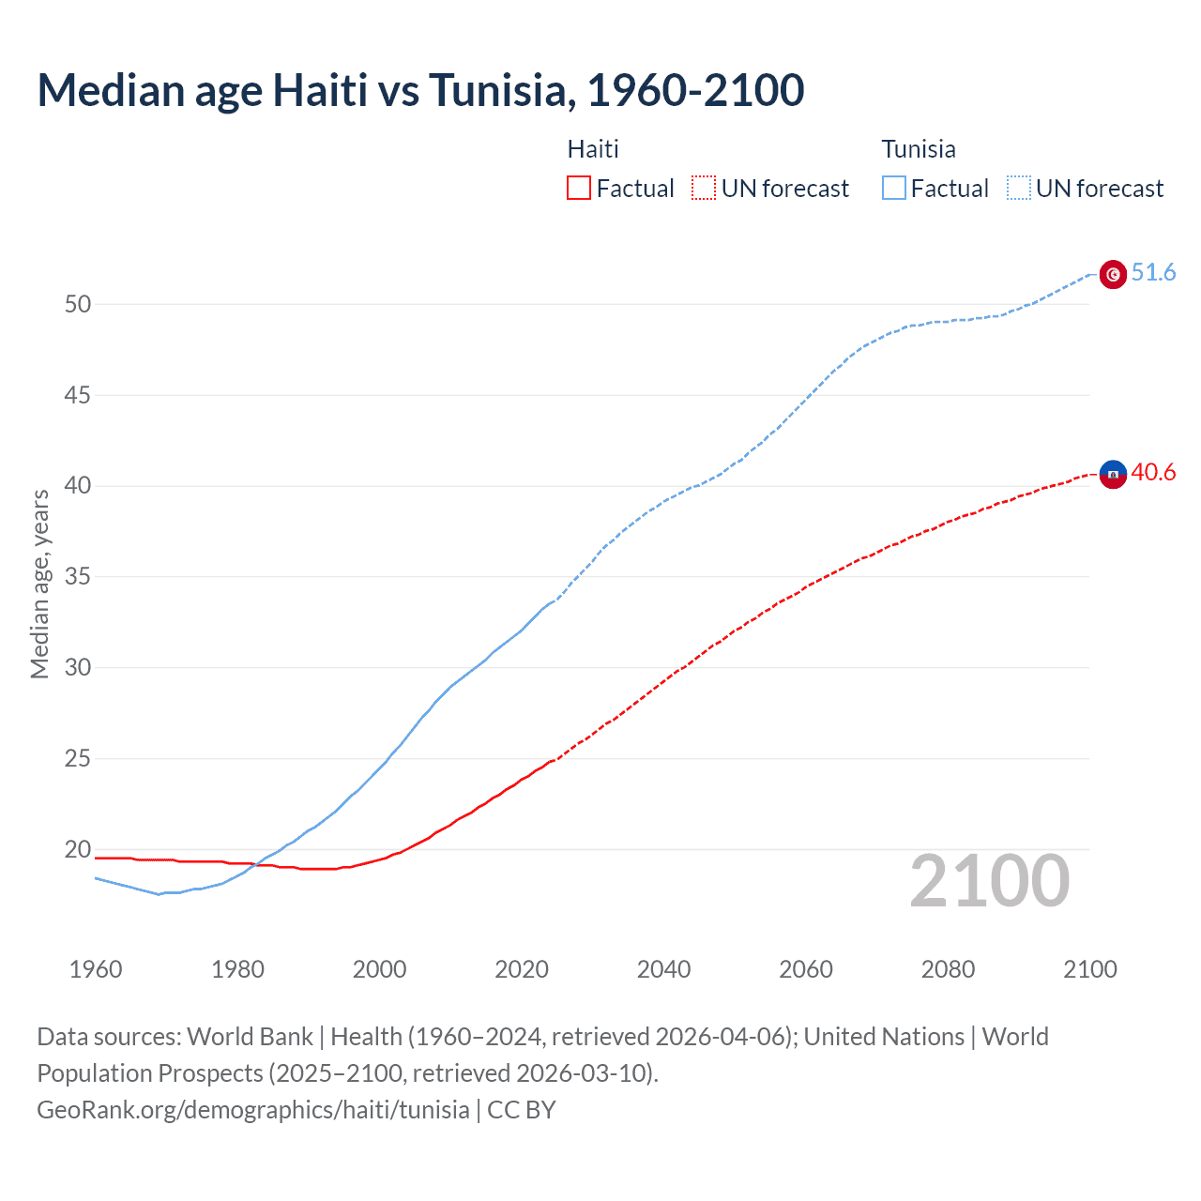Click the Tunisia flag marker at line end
1113,274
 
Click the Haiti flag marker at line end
1113,475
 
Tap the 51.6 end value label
1153,272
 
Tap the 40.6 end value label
1153,472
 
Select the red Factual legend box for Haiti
579,189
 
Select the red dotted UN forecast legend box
704,189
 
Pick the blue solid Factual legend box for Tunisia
894,189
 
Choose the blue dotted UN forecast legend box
1019,189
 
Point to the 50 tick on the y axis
78,304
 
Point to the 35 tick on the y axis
78,576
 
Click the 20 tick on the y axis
78,849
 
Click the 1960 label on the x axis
96,969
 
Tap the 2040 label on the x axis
663,969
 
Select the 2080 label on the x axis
948,969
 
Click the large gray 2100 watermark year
990,881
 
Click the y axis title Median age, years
39,584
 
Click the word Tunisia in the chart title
498,90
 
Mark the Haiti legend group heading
593,149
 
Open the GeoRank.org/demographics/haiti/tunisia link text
253,1110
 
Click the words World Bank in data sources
250,1037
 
